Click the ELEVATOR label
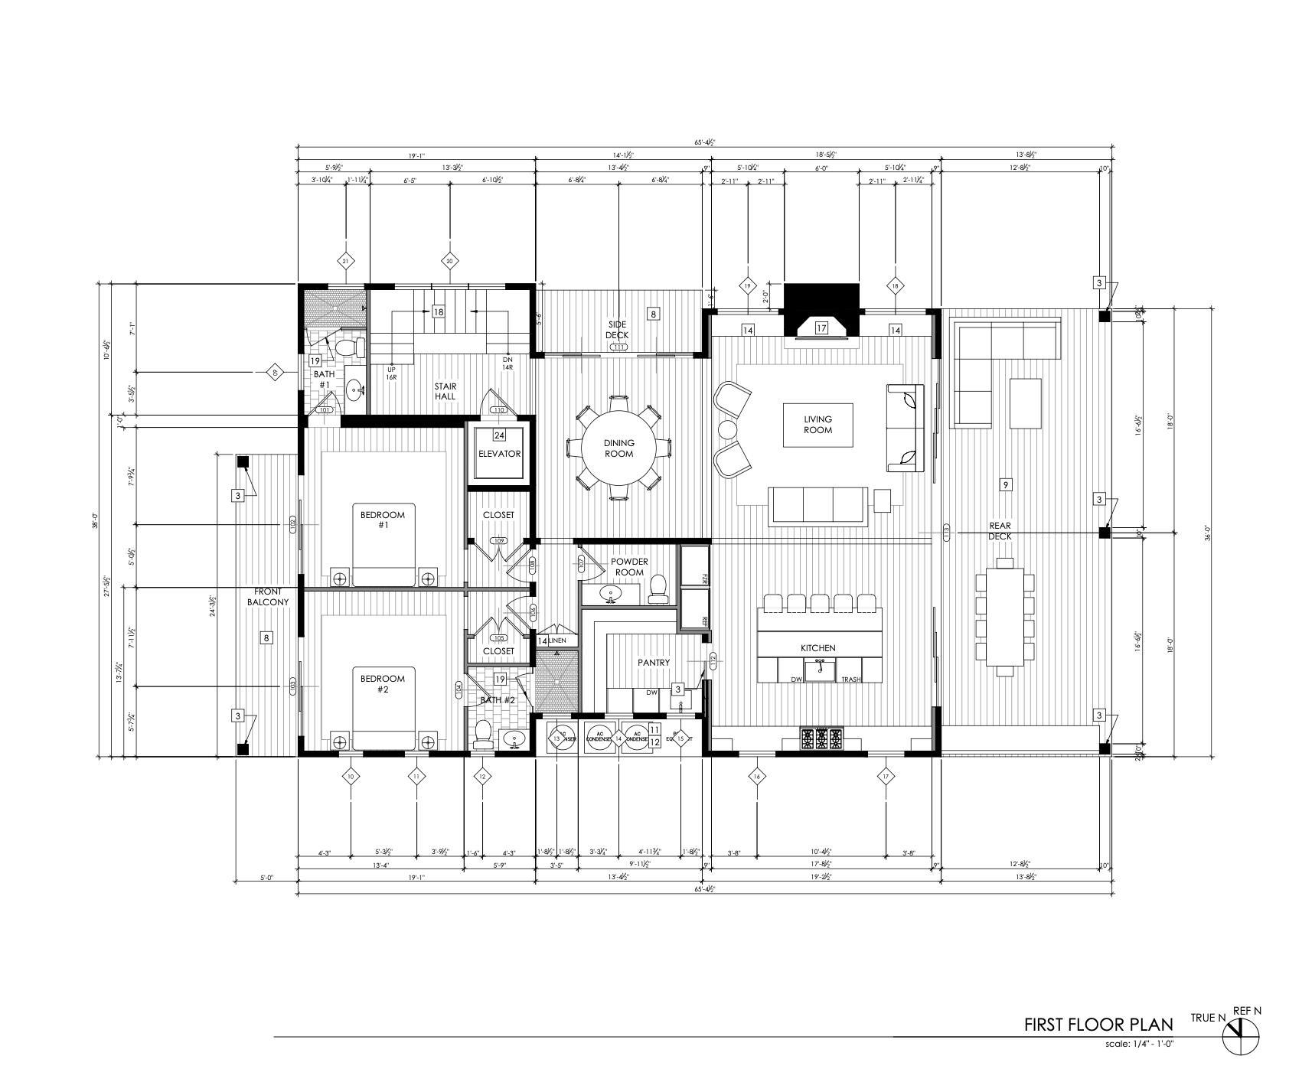(499, 454)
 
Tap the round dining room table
(618, 448)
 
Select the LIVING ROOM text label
(817, 425)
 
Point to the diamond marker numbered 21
(345, 262)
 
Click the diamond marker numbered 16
(756, 777)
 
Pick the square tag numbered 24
(499, 435)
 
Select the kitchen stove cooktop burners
(821, 738)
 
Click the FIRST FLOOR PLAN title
(1098, 1025)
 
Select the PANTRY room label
(654, 663)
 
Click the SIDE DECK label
(617, 330)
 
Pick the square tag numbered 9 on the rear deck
(1006, 484)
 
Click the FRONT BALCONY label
(268, 597)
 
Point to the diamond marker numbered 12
(481, 777)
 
